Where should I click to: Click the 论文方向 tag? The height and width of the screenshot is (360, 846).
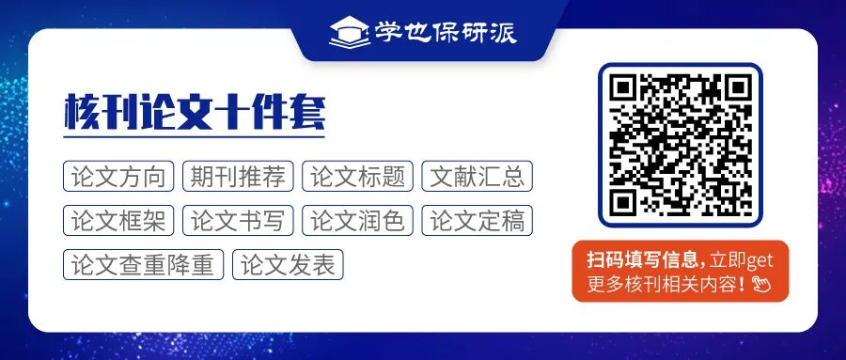tap(118, 176)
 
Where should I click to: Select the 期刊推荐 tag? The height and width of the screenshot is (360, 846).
tap(238, 176)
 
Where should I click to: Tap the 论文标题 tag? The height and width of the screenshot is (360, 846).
tap(358, 176)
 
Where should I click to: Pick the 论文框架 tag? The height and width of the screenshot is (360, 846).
tap(118, 221)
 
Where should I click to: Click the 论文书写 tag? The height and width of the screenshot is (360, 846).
tap(238, 221)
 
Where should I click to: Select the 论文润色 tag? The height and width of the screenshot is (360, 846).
tap(358, 221)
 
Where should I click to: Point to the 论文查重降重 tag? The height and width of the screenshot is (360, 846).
tap(143, 265)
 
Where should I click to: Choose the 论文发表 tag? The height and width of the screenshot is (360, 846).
tap(288, 265)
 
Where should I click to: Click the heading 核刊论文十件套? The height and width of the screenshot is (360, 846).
tap(195, 114)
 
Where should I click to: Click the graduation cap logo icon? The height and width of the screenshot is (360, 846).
tap(348, 32)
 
